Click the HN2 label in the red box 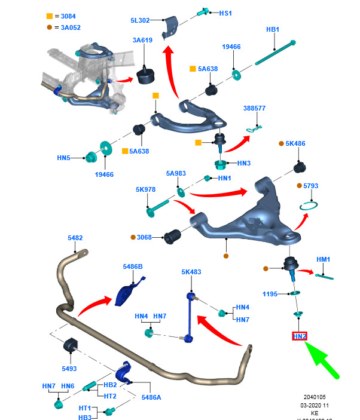pyautogui.click(x=300, y=336)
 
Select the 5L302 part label pyautogui.click(x=140, y=21)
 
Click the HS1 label pyautogui.click(x=225, y=13)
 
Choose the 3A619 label pyautogui.click(x=142, y=41)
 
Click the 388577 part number pyautogui.click(x=254, y=108)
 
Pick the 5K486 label pyautogui.click(x=295, y=144)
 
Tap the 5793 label pyautogui.click(x=311, y=186)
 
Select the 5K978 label pyautogui.click(x=145, y=189)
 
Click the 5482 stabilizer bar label pyautogui.click(x=75, y=238)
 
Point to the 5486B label pyautogui.click(x=133, y=266)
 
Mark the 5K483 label pyautogui.click(x=191, y=272)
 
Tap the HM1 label pyautogui.click(x=324, y=259)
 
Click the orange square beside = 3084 pyautogui.click(x=50, y=16)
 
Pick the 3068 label pyautogui.click(x=144, y=237)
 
